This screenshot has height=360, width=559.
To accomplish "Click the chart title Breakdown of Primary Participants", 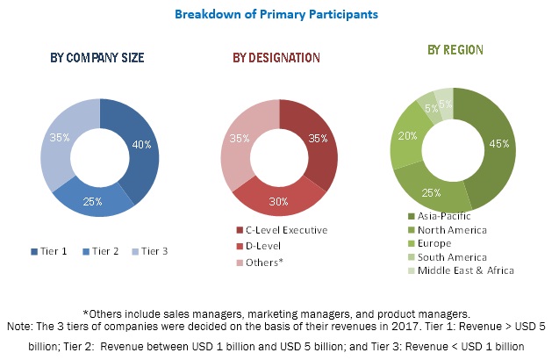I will click(x=279, y=14).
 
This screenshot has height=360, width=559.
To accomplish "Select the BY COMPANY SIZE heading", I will click(x=97, y=58).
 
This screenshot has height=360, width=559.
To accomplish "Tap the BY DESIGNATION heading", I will click(x=276, y=58).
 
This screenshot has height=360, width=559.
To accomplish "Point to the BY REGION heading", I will click(x=456, y=51).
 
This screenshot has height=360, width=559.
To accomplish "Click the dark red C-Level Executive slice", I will click(x=318, y=140).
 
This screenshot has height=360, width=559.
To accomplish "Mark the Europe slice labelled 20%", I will click(x=406, y=137).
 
